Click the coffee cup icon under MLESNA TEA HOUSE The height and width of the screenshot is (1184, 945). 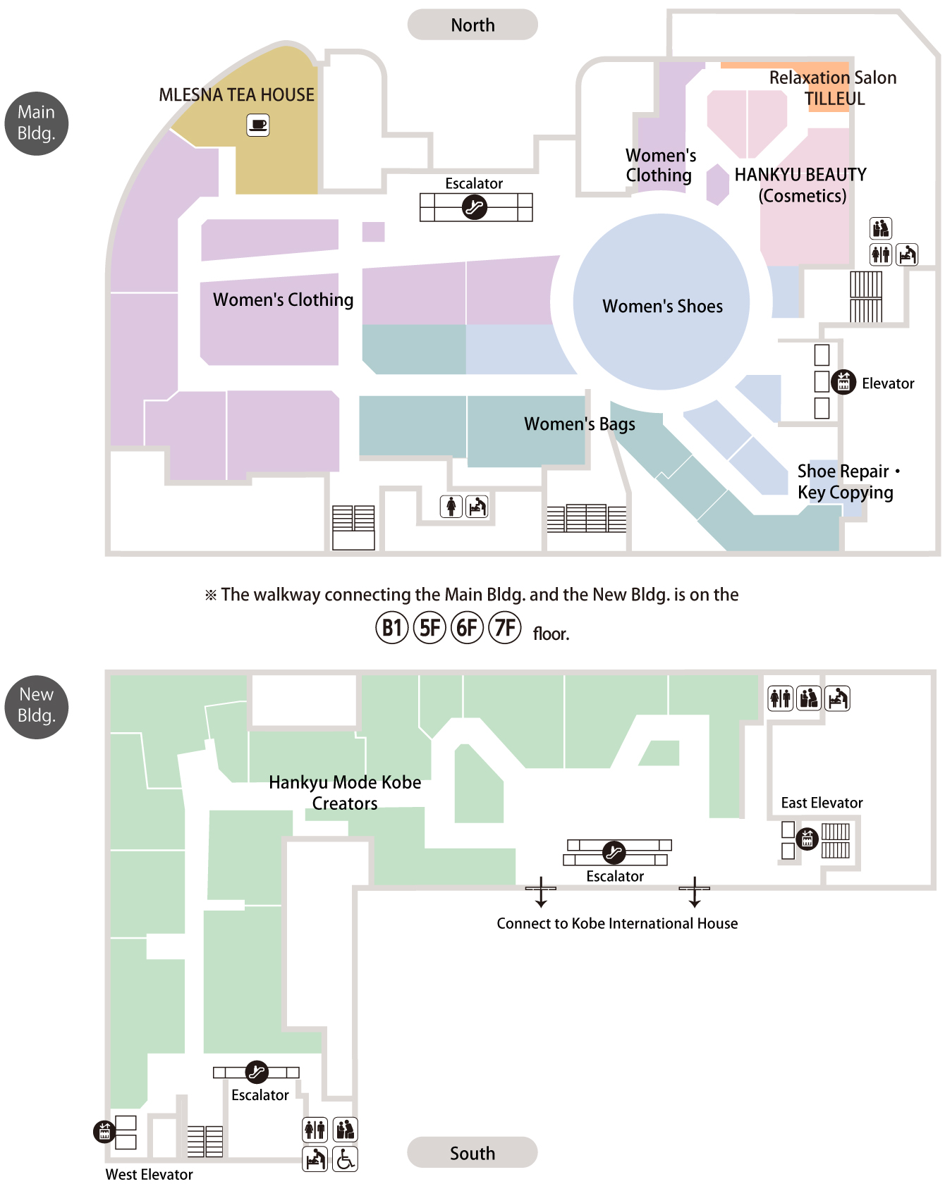(258, 125)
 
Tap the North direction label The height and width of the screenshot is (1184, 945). (472, 25)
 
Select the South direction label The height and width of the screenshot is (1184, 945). (472, 1153)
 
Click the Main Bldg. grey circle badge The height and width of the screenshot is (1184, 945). (37, 123)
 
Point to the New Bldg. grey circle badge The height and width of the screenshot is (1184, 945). (37, 707)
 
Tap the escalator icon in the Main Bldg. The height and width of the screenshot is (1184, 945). (475, 207)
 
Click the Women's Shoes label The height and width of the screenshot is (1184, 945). (662, 306)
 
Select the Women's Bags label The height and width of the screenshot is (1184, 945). (580, 424)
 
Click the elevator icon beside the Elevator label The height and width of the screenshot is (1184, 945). (843, 382)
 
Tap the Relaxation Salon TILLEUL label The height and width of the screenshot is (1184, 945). (834, 88)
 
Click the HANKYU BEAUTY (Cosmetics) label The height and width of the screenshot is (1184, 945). (801, 185)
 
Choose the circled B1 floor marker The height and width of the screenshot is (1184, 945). (392, 627)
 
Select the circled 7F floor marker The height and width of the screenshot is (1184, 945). (505, 627)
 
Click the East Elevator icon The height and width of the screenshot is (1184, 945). (807, 839)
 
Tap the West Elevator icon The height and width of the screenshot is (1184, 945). (104, 1132)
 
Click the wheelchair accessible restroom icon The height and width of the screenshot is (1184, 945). (346, 1159)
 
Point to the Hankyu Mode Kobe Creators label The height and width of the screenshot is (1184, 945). (345, 793)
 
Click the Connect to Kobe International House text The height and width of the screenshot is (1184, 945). (617, 923)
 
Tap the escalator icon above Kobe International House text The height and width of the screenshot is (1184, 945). (614, 853)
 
